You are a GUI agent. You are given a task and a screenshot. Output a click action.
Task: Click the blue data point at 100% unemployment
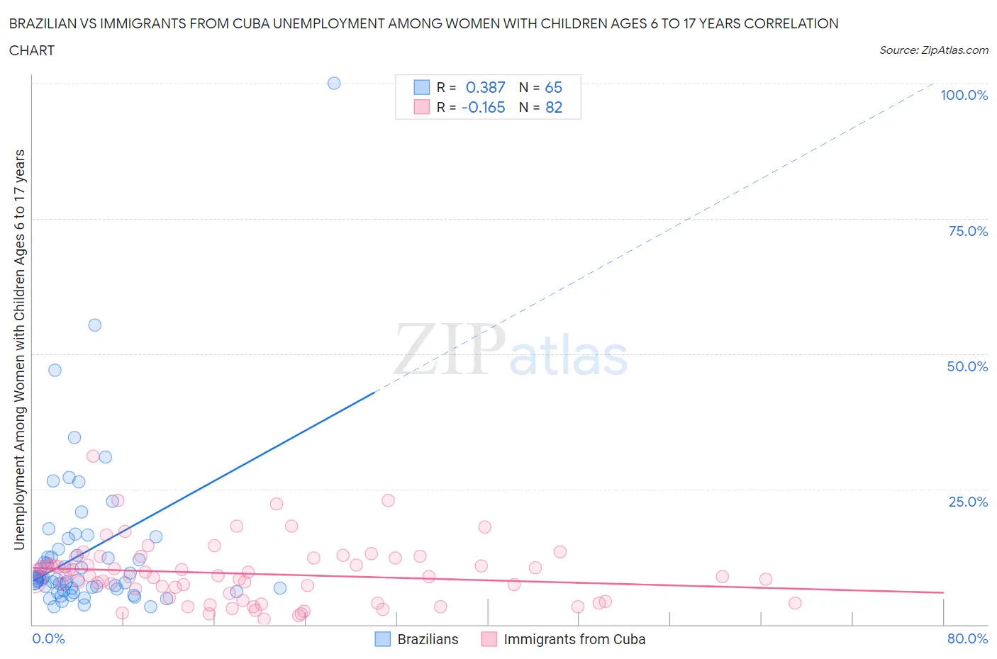tap(334, 83)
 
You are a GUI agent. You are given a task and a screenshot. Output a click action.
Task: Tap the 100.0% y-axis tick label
tap(964, 95)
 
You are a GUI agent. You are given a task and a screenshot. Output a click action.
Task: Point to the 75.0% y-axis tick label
tap(968, 231)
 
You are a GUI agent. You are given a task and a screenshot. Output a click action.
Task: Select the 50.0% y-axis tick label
tap(967, 366)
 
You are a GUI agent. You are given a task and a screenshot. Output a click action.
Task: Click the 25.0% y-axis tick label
tap(968, 502)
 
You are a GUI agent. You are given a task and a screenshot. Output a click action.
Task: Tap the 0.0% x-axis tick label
tap(48, 638)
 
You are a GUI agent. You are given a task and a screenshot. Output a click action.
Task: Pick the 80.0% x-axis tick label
tap(967, 638)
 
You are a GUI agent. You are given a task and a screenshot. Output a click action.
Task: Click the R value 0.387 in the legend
tap(485, 87)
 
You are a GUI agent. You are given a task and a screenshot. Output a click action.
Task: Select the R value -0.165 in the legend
tap(483, 107)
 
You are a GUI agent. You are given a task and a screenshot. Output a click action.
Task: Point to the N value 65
tap(553, 87)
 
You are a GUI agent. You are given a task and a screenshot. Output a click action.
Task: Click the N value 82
tap(553, 107)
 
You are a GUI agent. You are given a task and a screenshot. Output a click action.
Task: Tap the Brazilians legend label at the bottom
tap(428, 639)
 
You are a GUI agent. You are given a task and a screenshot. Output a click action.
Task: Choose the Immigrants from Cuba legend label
tap(574, 639)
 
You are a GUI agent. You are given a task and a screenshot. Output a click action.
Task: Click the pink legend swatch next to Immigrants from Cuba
tap(489, 639)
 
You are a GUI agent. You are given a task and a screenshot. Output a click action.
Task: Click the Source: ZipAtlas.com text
tap(933, 50)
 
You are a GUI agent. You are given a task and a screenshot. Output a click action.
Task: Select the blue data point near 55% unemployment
tap(94, 325)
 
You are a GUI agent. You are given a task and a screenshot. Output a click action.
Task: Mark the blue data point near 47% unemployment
tap(55, 370)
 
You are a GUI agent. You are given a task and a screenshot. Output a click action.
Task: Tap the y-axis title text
tap(19, 349)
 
